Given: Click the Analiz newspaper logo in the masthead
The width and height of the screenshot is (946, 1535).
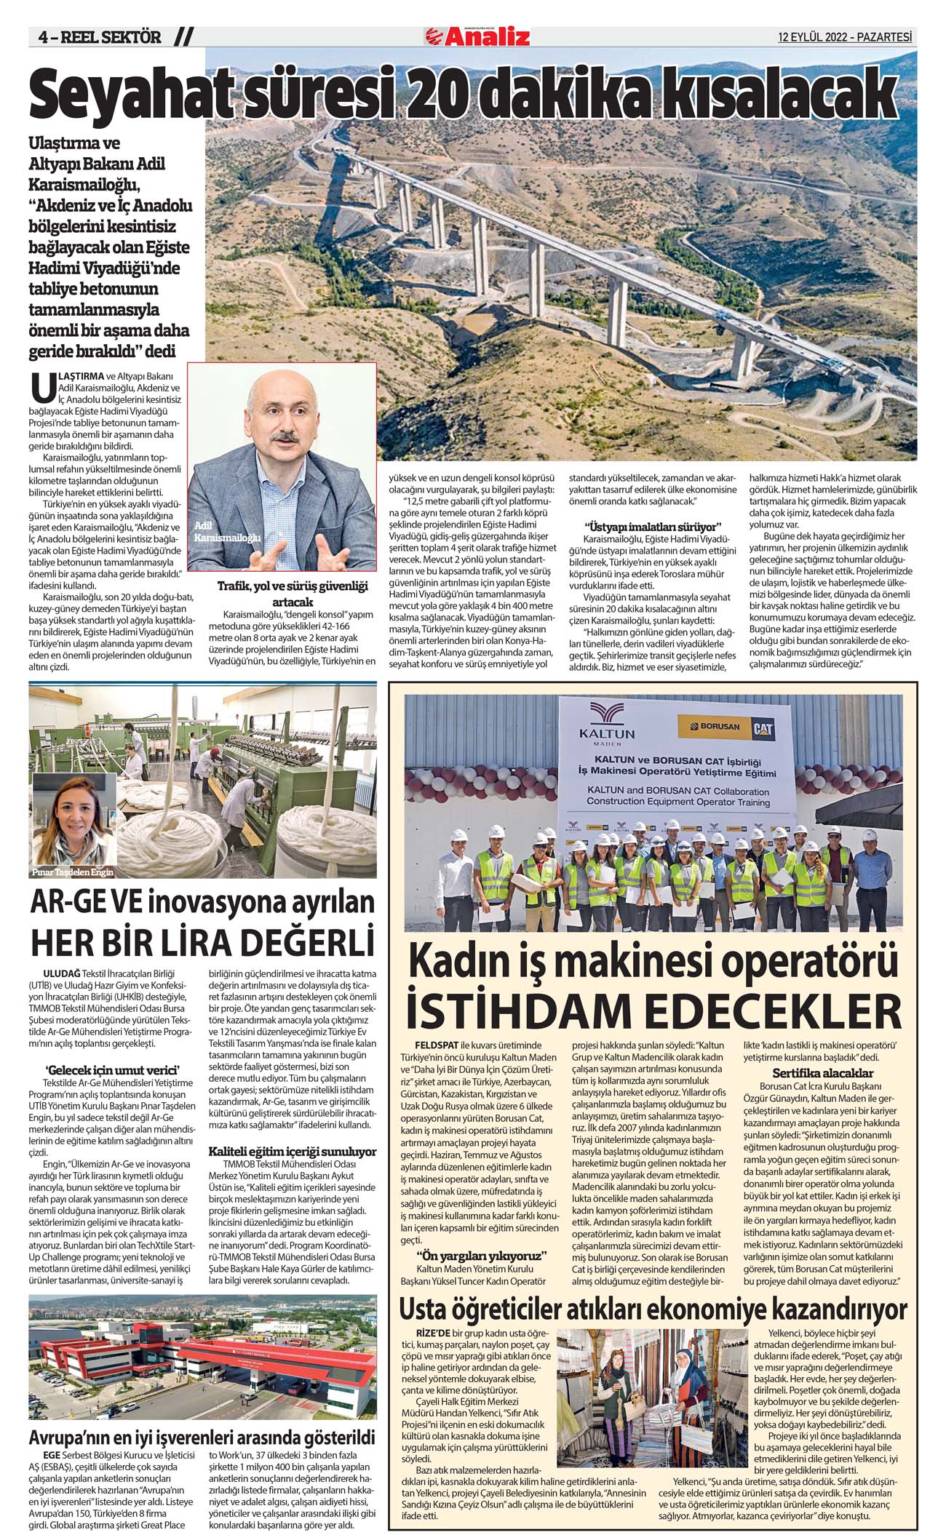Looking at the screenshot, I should (x=478, y=36).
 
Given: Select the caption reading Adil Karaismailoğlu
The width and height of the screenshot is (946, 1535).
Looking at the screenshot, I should (x=226, y=532).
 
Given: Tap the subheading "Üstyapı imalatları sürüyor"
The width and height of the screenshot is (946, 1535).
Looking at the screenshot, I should (x=652, y=526).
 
